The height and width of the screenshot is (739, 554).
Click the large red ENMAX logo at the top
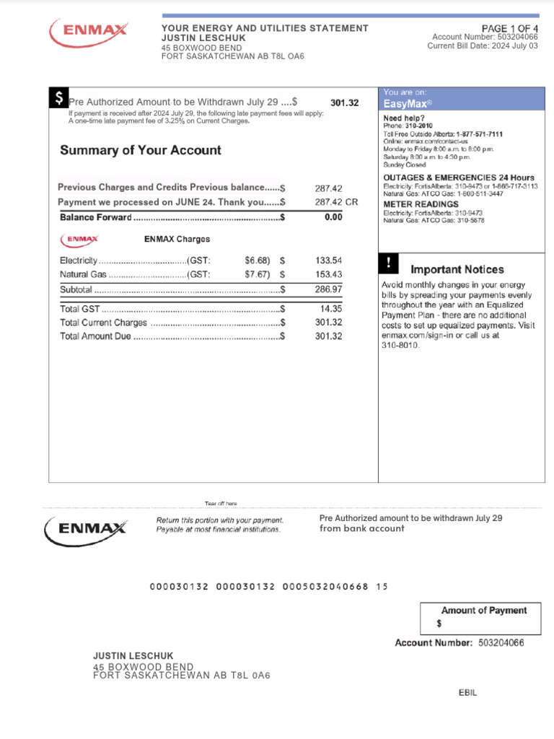tap(89, 32)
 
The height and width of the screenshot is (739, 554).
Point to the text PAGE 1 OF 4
tap(509, 27)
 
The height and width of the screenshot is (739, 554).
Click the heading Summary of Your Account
tap(141, 150)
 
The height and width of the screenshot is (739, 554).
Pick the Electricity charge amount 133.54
tap(328, 261)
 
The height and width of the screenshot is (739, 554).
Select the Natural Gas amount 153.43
tap(328, 275)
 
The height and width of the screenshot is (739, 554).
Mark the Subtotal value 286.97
tap(328, 289)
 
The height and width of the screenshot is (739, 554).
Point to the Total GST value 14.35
tap(331, 309)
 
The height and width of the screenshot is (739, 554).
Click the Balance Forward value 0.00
tap(333, 217)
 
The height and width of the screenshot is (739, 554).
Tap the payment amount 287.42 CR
tap(336, 203)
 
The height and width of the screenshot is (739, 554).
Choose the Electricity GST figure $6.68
tap(258, 261)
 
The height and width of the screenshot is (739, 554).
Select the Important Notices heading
tap(457, 269)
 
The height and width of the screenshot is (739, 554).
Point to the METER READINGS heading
tap(421, 204)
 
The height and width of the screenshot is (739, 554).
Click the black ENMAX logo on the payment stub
tap(86, 528)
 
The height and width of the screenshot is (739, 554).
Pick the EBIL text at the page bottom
tap(467, 693)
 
